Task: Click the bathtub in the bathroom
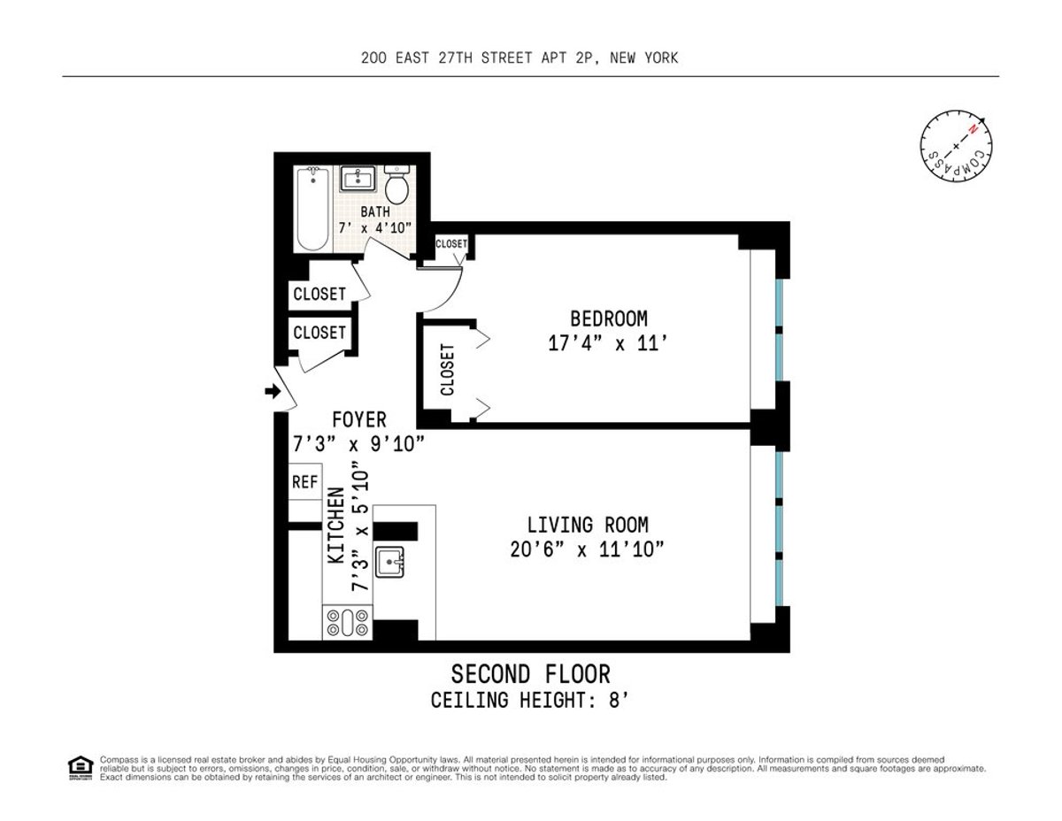click(x=312, y=210)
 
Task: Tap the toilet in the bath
click(x=397, y=186)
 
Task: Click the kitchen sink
click(x=389, y=561)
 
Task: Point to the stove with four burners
click(x=346, y=622)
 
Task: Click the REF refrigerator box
click(x=304, y=482)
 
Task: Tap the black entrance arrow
click(x=271, y=390)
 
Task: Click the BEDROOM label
click(x=608, y=318)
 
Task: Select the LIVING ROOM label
click(x=588, y=526)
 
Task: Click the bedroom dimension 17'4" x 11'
click(x=607, y=343)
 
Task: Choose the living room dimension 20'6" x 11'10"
click(x=588, y=550)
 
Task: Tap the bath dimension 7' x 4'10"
click(x=374, y=227)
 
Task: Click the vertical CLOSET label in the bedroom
click(x=447, y=369)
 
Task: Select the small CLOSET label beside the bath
click(x=451, y=244)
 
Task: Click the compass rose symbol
click(x=956, y=146)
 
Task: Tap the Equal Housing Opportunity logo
click(x=80, y=767)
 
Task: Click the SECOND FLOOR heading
click(x=530, y=674)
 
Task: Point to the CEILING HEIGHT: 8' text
click(x=530, y=701)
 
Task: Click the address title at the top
click(x=519, y=58)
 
